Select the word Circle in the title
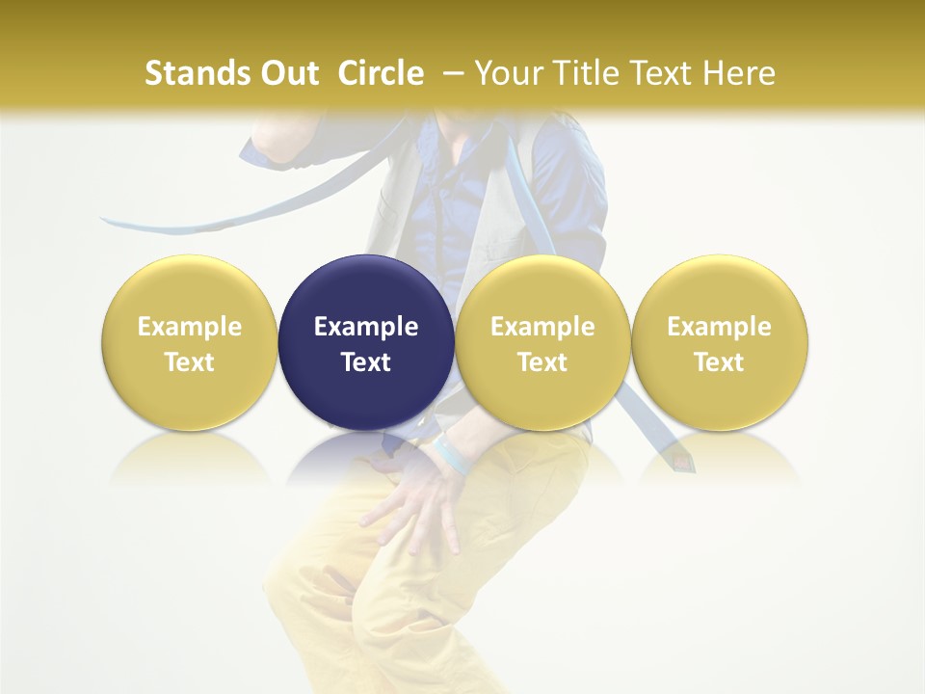(x=381, y=73)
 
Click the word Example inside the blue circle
(x=366, y=327)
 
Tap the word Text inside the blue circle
(x=366, y=362)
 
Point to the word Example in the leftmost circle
(x=190, y=327)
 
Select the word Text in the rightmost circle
(x=720, y=362)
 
